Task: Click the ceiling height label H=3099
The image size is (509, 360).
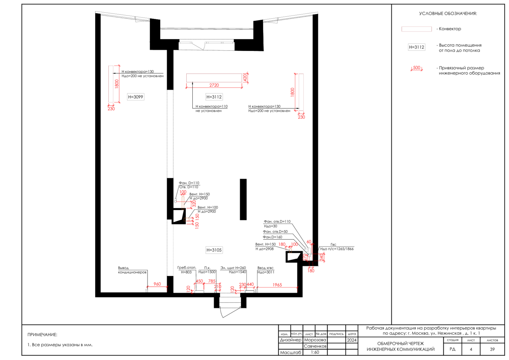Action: click(x=135, y=97)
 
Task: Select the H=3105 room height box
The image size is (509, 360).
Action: click(x=214, y=250)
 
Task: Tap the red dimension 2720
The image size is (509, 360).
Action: click(x=214, y=85)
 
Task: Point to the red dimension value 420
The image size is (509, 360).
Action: click(x=245, y=77)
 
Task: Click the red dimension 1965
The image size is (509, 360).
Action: click(x=277, y=285)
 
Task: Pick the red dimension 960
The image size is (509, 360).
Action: click(x=157, y=284)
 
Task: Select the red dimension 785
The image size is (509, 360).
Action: click(x=212, y=281)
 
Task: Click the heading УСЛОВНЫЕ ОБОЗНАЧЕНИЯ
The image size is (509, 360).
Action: click(x=448, y=14)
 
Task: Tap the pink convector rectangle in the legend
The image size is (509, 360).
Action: click(x=416, y=29)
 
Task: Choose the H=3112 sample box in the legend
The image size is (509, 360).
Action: click(x=416, y=47)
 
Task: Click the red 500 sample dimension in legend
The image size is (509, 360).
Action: click(x=416, y=68)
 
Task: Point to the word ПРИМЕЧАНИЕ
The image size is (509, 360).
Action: click(x=42, y=335)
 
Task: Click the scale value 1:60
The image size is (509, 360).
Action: click(x=315, y=353)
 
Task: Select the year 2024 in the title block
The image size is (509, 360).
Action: click(x=352, y=340)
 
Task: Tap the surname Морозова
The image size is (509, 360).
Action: click(x=315, y=340)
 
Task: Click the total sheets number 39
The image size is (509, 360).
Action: click(x=492, y=349)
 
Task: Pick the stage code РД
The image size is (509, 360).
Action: click(x=452, y=349)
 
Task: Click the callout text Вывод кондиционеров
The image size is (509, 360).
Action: click(x=132, y=270)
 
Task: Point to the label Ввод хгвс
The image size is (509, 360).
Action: click(x=265, y=268)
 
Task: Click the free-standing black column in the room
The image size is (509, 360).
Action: click(x=243, y=199)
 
